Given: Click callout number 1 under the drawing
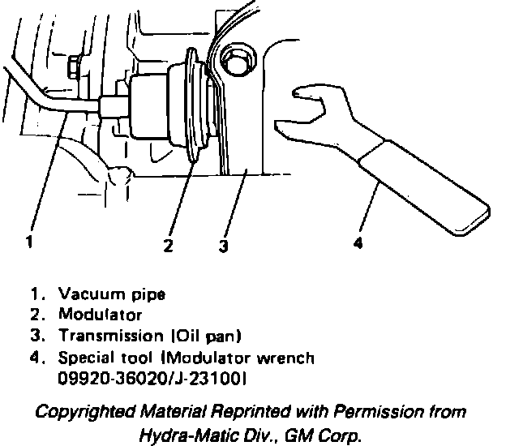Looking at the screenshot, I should click(29, 241).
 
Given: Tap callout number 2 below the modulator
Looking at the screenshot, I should click(168, 246).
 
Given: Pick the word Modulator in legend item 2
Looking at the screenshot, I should click(100, 314).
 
